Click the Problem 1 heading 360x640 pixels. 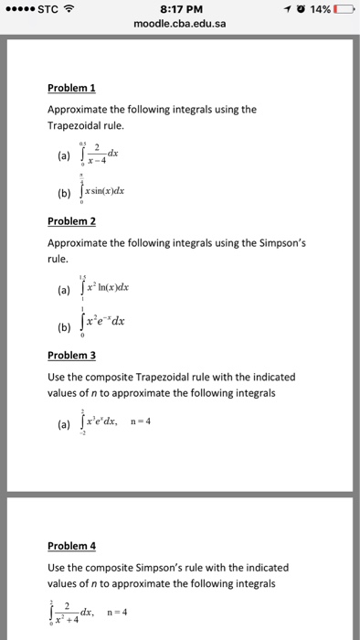coord(72,88)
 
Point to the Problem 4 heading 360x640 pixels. coord(72,546)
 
